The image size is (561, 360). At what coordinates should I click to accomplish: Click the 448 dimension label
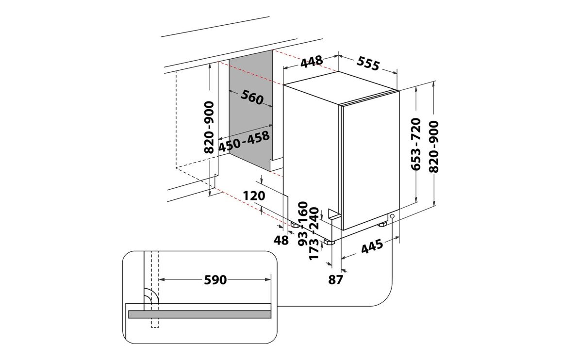311,62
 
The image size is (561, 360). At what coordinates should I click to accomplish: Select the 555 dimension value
368,64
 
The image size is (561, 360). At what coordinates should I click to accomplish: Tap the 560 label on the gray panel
252,97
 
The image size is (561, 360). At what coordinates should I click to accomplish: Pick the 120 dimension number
254,196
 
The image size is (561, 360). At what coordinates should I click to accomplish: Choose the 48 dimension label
281,240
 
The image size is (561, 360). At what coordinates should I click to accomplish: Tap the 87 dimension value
336,279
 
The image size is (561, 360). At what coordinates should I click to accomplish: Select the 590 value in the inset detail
215,279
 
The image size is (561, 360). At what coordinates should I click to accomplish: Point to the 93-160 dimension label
303,224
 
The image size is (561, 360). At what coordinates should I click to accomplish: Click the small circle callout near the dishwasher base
393,216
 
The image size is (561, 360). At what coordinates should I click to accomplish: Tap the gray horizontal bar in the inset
199,314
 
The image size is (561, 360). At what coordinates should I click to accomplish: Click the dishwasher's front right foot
382,224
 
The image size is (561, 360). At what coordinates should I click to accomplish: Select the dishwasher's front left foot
329,242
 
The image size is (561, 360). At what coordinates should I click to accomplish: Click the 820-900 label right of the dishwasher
434,147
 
